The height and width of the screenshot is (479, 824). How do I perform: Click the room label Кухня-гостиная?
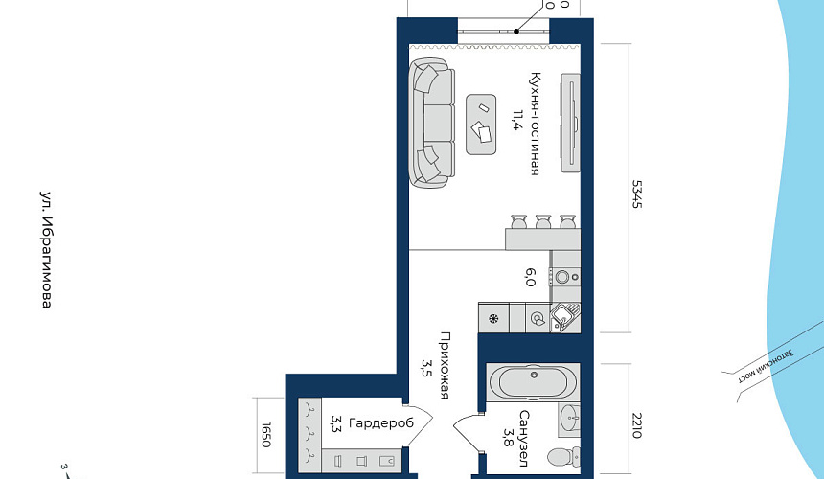[x=535, y=124]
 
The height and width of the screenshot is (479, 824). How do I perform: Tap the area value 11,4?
[x=517, y=121]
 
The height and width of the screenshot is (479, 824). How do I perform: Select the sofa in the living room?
[x=431, y=123]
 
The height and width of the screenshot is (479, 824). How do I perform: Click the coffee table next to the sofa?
[x=481, y=125]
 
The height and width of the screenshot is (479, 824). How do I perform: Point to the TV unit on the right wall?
[x=571, y=123]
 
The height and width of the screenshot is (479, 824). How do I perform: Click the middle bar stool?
[x=543, y=221]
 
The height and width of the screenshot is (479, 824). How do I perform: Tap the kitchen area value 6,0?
[x=531, y=277]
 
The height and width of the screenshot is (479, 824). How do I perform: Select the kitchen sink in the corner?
[x=564, y=318]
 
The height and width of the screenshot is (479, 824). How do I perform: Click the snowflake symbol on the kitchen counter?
[x=493, y=318]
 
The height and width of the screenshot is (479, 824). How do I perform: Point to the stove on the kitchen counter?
[x=565, y=277]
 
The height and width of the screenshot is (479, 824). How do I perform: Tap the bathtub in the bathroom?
[x=533, y=382]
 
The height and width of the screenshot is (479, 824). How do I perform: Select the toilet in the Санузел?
[x=563, y=457]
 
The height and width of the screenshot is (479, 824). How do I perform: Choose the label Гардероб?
[x=381, y=423]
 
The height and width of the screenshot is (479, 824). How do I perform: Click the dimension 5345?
[x=637, y=194]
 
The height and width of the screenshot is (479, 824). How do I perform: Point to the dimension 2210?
[x=637, y=425]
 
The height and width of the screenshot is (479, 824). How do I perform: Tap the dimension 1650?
[x=266, y=435]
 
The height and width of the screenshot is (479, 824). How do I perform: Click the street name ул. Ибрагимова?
[x=47, y=249]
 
